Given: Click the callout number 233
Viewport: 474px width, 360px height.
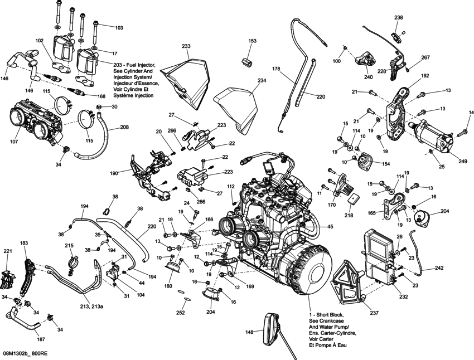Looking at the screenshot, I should tap(186, 46).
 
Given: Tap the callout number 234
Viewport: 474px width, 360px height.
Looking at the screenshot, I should tap(262, 80).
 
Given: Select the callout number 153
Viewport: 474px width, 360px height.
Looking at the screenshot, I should tap(252, 41).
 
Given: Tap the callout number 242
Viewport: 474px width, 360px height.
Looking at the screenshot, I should tap(439, 268).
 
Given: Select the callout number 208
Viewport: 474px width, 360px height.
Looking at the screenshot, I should tap(124, 127).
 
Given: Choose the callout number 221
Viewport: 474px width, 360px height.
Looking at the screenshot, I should tap(7, 252).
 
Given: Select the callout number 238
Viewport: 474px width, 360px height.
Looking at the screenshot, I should tap(398, 18).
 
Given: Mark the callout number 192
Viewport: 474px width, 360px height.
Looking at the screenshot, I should tap(424, 75).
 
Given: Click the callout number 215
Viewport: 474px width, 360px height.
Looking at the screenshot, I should tap(69, 246).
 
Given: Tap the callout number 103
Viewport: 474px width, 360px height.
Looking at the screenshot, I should tap(119, 27).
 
